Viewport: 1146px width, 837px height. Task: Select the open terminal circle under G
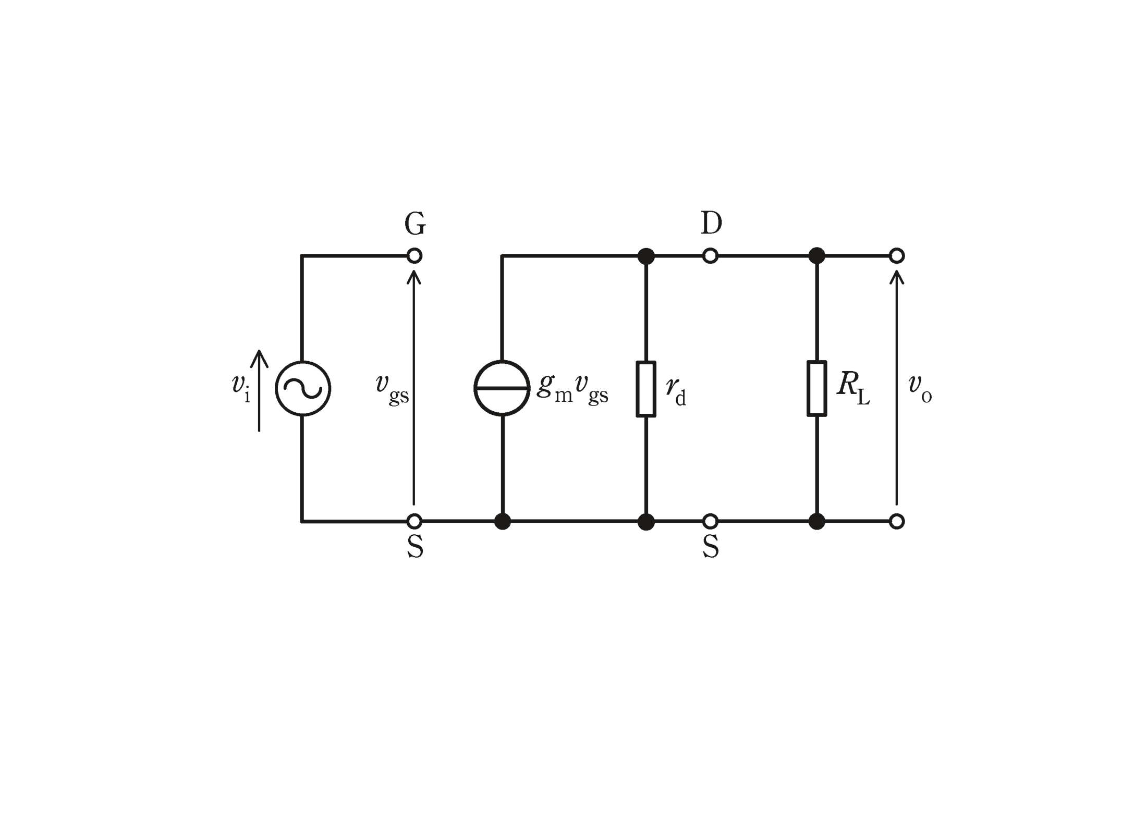point(414,256)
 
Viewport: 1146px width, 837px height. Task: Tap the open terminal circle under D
point(711,256)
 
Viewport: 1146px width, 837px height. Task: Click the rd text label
point(676,390)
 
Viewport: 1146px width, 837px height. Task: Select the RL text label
point(853,388)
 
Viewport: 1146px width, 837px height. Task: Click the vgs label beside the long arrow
point(392,390)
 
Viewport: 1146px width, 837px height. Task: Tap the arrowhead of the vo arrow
point(897,276)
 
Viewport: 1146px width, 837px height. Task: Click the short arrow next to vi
point(259,391)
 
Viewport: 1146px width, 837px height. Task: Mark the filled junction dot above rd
point(646,256)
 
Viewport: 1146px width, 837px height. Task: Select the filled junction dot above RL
point(817,256)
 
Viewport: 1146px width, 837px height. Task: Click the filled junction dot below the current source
point(503,521)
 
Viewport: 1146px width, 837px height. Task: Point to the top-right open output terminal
point(897,256)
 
